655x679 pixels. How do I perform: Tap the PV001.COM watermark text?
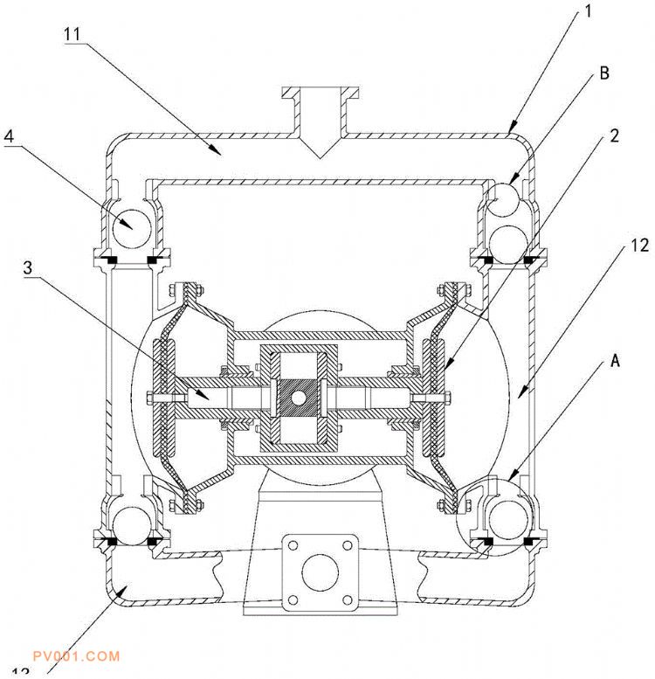click(x=74, y=655)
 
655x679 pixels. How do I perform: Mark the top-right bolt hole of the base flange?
click(x=348, y=545)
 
